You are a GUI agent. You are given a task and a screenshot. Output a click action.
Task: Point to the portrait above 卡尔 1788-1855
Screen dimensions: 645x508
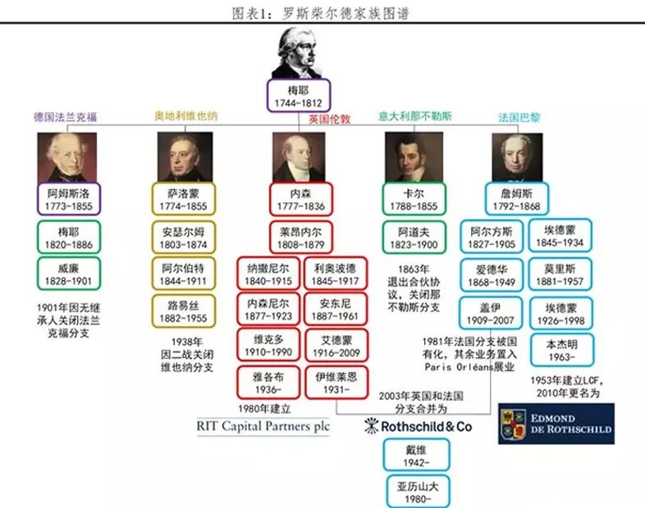(414, 157)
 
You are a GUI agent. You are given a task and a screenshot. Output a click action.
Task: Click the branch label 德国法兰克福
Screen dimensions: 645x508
(66, 117)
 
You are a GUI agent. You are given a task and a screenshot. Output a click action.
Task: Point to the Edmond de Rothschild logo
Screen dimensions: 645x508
(556, 423)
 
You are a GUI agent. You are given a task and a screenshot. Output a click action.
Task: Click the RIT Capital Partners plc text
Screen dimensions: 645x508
(263, 426)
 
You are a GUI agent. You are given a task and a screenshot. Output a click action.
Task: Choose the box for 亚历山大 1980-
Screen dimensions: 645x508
(418, 492)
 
